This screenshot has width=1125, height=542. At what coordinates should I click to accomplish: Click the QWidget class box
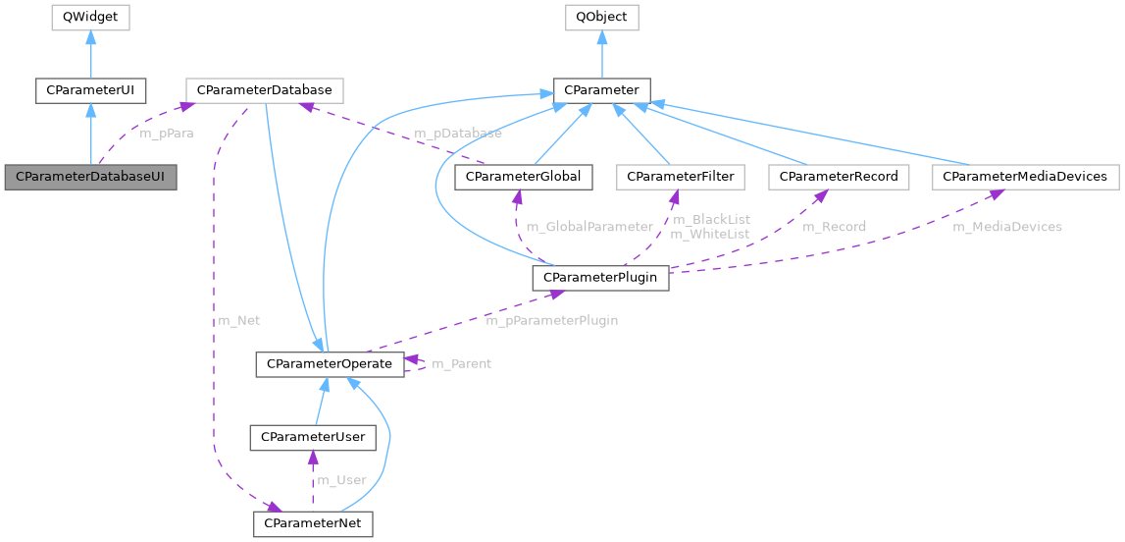coord(90,17)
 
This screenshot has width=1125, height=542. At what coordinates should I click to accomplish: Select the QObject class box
coord(602,17)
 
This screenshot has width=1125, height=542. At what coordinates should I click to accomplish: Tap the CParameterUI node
coord(90,91)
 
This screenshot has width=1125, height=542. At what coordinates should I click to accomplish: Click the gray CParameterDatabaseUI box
coord(90,178)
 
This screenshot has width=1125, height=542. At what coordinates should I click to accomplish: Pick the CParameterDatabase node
coord(265,91)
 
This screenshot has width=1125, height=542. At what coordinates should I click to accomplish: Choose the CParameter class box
coord(601,91)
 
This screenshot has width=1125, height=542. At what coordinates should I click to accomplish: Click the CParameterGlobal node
coord(524,178)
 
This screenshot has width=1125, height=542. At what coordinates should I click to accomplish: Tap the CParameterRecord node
coord(840,178)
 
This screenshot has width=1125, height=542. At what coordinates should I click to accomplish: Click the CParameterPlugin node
coord(600,278)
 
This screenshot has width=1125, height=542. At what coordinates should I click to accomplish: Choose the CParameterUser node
coord(312,438)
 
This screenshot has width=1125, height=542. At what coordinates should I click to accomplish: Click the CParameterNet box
coord(313,523)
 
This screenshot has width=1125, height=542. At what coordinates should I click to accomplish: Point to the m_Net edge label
coord(238,320)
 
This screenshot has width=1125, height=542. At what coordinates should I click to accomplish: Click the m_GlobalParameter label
coord(589,227)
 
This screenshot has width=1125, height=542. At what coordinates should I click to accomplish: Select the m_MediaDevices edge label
coord(1007,227)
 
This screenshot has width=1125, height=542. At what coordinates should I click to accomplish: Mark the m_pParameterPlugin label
coord(552,320)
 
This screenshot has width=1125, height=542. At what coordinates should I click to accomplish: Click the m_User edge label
coord(340,480)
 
